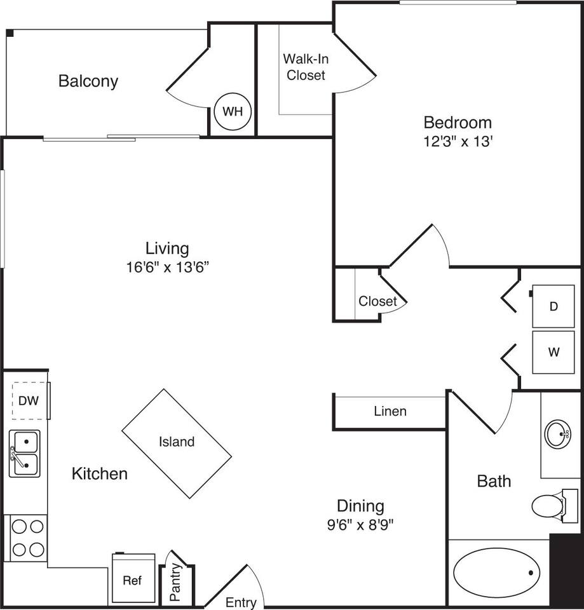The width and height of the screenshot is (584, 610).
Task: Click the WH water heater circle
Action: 233,112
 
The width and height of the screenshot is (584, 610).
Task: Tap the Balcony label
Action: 88,81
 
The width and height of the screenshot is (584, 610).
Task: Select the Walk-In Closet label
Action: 306,67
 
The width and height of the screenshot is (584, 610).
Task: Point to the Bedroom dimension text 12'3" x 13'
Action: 458,142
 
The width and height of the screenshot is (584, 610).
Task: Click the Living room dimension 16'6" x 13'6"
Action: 167,268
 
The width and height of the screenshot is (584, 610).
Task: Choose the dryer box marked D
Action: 553,306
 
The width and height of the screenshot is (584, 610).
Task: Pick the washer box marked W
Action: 553,351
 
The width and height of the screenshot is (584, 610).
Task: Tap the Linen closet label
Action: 390,411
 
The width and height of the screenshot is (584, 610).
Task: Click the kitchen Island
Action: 177,443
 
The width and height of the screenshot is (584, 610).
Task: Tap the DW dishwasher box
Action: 25,401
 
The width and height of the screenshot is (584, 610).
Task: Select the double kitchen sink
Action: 24,453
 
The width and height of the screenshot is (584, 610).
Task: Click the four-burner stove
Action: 27,538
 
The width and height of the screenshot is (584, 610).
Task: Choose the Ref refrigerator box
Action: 133,579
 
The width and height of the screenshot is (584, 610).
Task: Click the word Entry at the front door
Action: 241,602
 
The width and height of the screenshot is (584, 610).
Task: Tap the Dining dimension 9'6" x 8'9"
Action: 361,525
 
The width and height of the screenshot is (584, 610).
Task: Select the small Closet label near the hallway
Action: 377,301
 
